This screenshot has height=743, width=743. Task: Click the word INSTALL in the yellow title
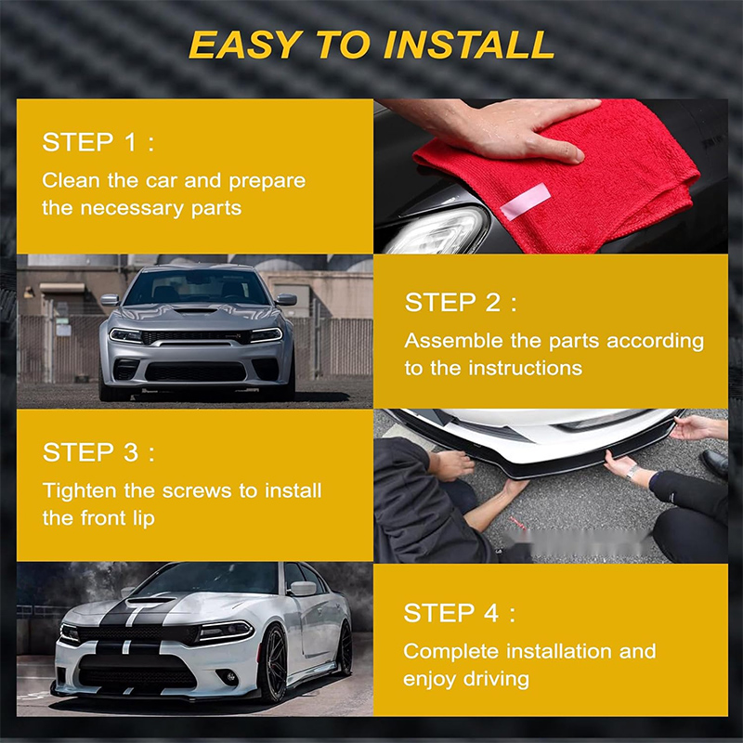469,45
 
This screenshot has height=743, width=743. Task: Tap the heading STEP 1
98,142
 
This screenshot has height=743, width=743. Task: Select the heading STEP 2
461,303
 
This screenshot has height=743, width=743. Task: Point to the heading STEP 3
98,451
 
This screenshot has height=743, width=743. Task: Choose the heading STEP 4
459,613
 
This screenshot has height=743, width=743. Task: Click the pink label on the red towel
526,201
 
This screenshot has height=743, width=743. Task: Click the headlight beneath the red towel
436,230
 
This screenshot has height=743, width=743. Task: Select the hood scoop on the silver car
195,310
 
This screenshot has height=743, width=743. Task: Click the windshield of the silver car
196,287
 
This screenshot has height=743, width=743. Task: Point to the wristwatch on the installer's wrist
633,473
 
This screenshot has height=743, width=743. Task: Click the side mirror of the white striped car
303,589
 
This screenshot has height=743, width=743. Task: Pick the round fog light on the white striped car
230,678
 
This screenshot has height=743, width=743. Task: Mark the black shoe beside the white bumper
714,462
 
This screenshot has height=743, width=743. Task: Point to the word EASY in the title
244,45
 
